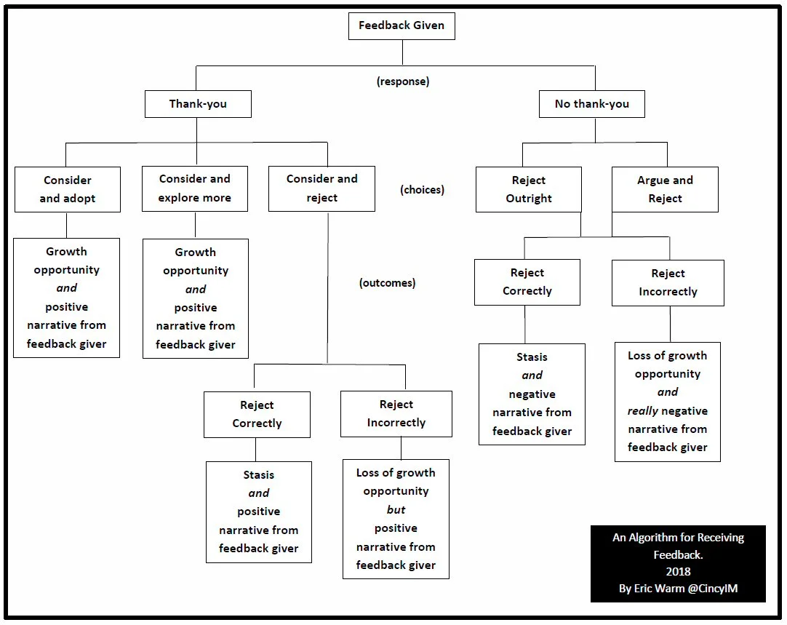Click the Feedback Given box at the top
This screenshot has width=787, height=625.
(402, 26)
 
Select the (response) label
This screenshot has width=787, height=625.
(402, 81)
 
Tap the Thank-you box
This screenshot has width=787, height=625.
(198, 104)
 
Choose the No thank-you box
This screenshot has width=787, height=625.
(591, 104)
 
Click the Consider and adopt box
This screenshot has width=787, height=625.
(67, 189)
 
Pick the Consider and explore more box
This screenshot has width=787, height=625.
(195, 188)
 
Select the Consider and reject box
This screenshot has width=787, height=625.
(321, 188)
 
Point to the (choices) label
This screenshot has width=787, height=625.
(422, 190)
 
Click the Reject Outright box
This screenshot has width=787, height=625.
(529, 189)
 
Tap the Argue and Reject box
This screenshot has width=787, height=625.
(665, 189)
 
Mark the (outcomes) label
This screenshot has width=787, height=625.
(387, 283)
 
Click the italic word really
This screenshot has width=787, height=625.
(642, 411)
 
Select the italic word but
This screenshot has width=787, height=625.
(396, 510)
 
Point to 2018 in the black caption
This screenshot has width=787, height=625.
(678, 572)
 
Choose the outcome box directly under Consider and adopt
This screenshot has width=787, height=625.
(66, 298)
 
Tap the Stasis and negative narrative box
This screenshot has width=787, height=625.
(532, 394)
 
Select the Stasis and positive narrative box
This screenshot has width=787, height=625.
(258, 511)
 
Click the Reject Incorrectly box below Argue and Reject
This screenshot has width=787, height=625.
(668, 282)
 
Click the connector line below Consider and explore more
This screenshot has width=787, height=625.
(195, 225)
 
